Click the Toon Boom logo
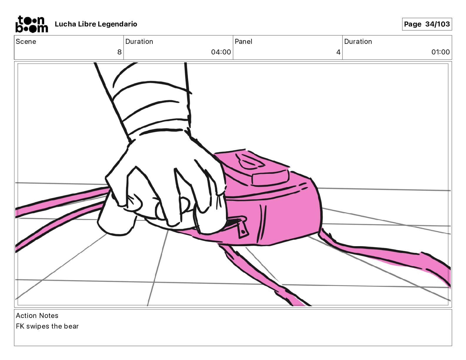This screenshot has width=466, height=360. pos(31,24)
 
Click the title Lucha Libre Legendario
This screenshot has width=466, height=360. pos(96,24)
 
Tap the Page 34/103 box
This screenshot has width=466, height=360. pos(427,24)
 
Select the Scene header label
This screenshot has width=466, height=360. pos(26,41)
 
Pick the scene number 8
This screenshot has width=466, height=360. pos(119,52)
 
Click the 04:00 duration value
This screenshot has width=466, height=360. pos(221,52)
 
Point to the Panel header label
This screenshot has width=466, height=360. pos(243,41)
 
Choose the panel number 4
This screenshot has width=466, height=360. pos(338,52)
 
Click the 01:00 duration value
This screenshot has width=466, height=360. pos(440,52)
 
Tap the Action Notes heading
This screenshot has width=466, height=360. pos(37,316)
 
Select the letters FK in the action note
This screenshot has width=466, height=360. pos(20,326)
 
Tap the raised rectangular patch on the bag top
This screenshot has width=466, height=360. pos(270,177)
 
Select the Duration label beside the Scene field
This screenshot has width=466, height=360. pos(139,41)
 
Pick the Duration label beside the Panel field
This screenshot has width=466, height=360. pos(358,41)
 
